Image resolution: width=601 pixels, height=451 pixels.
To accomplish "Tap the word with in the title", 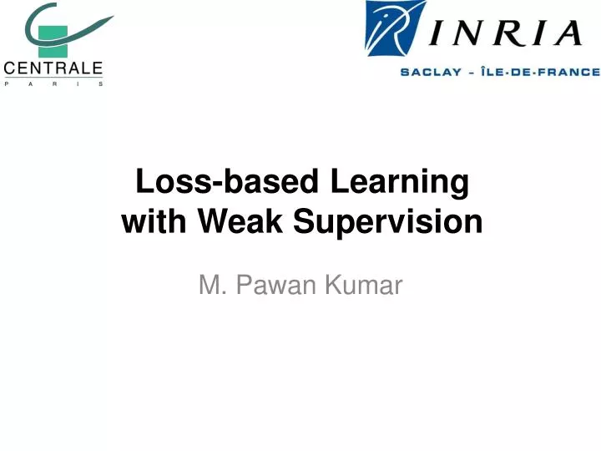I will pos(155,222).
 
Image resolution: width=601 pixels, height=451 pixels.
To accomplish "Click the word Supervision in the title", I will pos(385,222).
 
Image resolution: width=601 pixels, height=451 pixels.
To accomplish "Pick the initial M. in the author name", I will pos(208,286).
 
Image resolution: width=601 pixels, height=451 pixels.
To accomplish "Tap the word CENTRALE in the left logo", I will pos(53,68).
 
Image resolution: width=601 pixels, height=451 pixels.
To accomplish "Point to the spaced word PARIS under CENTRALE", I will pos(53,84).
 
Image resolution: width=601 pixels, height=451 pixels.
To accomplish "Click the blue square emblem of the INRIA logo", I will pos(396,29).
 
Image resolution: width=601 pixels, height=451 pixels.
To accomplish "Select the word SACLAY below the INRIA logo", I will pos(432,72).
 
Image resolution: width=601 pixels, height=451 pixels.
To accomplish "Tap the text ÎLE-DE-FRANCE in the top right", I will pos(542,72).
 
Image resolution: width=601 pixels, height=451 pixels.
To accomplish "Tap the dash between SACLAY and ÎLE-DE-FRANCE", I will pos(472,72).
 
